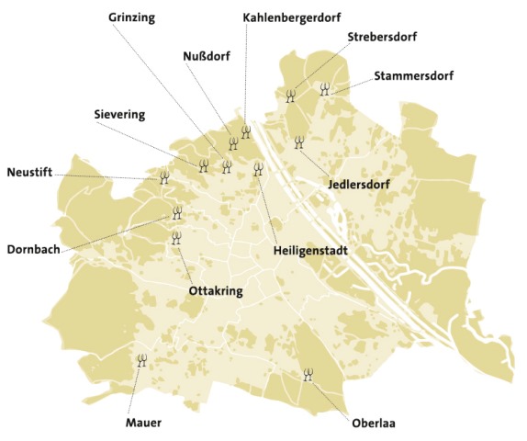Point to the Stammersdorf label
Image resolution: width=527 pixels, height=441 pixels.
pos(414,75)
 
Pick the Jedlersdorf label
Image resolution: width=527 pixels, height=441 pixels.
pos(359,185)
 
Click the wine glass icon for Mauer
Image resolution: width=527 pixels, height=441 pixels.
pos(141,360)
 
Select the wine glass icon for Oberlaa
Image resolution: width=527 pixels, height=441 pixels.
pos(308,374)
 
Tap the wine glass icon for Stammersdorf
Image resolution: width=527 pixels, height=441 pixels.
pos(324,89)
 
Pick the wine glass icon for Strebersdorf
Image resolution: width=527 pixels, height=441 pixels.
pos(290,95)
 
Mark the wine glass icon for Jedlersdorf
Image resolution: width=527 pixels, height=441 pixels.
pos(297,141)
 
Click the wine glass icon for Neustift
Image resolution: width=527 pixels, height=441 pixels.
pos(164,177)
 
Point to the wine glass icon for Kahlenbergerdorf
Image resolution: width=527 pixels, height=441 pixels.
pos(245,131)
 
